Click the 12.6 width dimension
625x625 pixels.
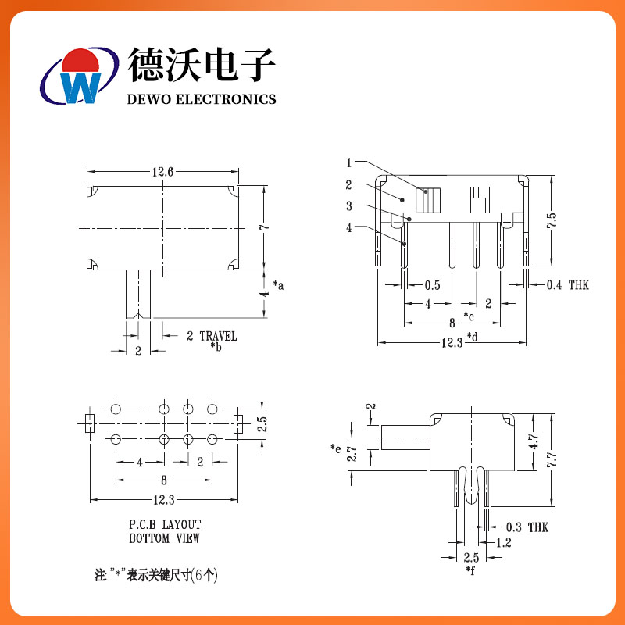click(162, 172)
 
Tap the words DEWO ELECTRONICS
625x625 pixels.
click(202, 99)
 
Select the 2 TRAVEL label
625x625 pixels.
click(211, 337)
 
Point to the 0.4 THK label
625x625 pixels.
click(567, 285)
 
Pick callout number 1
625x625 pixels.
click(351, 162)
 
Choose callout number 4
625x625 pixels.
click(351, 227)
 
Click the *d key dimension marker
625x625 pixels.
click(473, 337)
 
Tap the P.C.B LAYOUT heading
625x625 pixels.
click(165, 525)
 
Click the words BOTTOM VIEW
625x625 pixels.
click(164, 538)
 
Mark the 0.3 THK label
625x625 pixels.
click(527, 528)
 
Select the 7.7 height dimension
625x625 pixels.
click(552, 460)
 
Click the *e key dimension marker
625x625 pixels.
click(336, 448)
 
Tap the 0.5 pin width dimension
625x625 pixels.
click(433, 285)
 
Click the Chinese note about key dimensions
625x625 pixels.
click(156, 577)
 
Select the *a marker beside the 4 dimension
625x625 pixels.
click(278, 286)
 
